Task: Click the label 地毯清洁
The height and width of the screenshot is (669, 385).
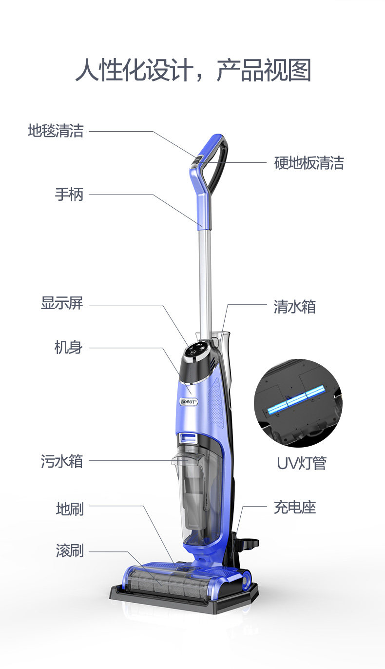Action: tap(56, 131)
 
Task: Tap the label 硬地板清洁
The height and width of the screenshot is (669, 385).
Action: tap(309, 163)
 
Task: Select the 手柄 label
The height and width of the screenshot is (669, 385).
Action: tap(69, 195)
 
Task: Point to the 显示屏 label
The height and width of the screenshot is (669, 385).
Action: tap(62, 303)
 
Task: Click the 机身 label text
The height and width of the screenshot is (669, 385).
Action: tap(68, 348)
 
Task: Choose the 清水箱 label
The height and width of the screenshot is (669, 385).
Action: tap(294, 307)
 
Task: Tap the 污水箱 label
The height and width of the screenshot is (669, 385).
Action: tap(62, 461)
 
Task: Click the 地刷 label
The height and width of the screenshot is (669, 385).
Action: tap(70, 509)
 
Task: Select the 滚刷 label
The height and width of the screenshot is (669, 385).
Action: tap(70, 551)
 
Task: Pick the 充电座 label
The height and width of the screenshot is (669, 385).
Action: tap(294, 508)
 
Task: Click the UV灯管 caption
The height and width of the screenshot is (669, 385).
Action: tap(301, 463)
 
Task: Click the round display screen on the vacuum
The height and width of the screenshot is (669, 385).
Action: tap(197, 350)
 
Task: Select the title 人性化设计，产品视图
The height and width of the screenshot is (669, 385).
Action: tap(192, 70)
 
